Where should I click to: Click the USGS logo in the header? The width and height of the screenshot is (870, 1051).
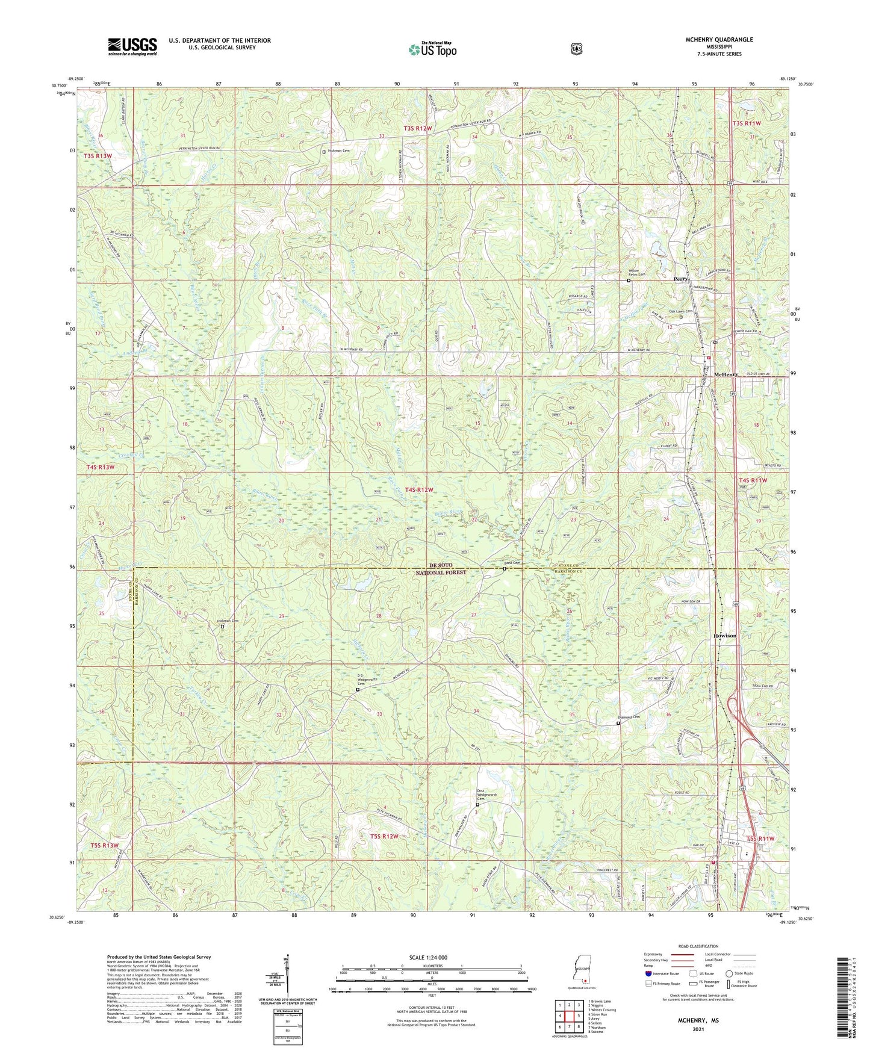[x=132, y=46]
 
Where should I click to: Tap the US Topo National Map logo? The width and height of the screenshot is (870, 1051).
[x=432, y=49]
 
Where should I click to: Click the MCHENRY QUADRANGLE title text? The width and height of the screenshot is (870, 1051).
[x=710, y=40]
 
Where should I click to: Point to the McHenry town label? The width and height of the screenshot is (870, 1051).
[x=726, y=374]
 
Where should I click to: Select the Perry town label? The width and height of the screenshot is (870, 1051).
[x=682, y=279]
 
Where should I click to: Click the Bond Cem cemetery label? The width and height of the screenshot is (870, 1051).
[x=512, y=563]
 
